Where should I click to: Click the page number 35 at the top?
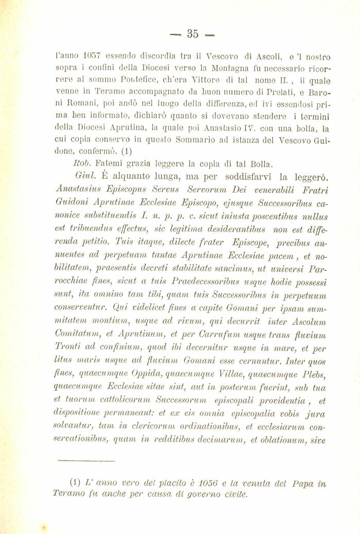click(192, 34)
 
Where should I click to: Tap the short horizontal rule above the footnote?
click(79, 461)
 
